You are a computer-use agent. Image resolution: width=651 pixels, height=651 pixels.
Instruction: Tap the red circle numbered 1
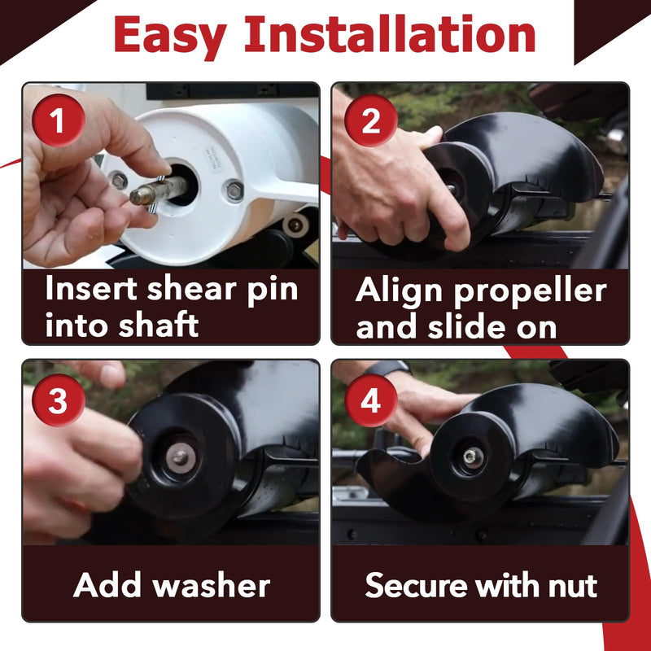59,120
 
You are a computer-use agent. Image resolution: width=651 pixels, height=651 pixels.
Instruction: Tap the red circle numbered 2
371,120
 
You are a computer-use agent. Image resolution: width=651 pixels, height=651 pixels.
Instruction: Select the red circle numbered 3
59,400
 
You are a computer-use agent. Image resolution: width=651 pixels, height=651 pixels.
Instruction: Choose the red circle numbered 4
371,400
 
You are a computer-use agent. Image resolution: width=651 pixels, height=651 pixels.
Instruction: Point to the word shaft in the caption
158,325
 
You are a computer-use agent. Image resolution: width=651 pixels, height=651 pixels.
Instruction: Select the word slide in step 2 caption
466,326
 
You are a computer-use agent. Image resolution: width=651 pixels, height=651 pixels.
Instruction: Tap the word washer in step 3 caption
212,585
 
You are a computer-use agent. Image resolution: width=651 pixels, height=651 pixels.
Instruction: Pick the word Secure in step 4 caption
417,585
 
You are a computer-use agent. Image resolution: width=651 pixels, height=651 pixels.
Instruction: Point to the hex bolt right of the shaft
235,191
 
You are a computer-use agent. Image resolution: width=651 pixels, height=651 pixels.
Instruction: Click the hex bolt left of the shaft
119,181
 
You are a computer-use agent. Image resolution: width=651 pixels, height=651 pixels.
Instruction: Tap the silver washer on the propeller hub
181,457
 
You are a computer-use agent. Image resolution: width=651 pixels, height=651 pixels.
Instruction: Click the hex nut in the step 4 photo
473,457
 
